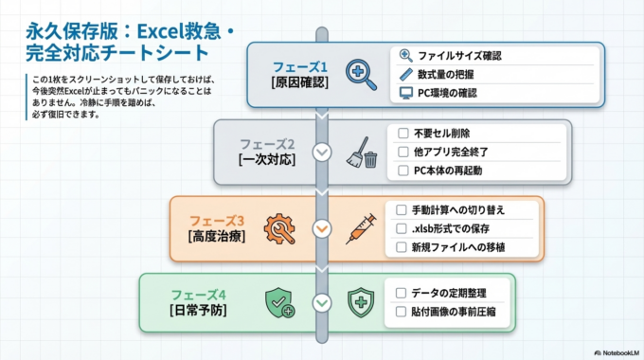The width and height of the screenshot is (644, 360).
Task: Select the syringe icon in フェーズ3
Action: [x=361, y=228]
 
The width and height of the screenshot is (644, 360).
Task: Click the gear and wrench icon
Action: [x=282, y=228]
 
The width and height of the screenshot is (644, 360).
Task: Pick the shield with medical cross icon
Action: [x=361, y=303]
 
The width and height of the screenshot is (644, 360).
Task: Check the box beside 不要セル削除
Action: [x=403, y=134]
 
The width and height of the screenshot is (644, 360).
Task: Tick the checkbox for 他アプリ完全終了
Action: [x=403, y=152]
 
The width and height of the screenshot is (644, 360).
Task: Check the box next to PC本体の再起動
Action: [x=403, y=171]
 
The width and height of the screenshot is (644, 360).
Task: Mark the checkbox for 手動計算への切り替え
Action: [x=402, y=209]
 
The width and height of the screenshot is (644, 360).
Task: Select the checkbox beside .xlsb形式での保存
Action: [x=402, y=228]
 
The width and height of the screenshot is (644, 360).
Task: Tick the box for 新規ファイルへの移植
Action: [x=402, y=247]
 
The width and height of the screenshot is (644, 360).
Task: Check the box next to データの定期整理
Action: [x=402, y=293]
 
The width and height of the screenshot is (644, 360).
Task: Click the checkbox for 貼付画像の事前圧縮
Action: [x=402, y=312]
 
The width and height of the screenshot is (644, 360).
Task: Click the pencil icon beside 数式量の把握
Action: [x=406, y=74]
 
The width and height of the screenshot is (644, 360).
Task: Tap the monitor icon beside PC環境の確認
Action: [x=406, y=93]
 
